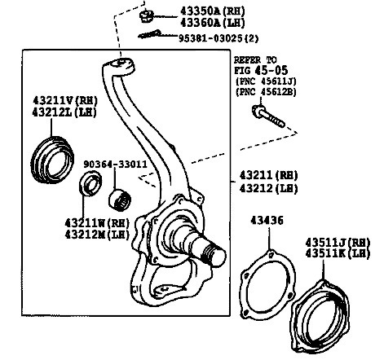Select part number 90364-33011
114,163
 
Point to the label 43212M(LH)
95,235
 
